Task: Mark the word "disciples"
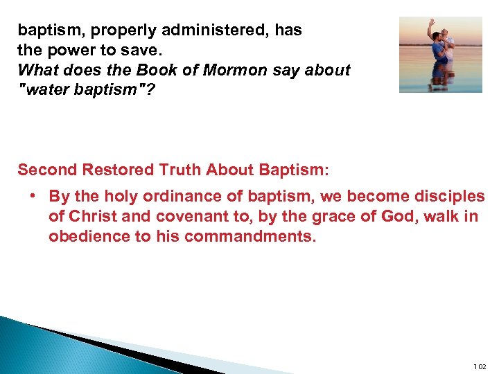[446, 197]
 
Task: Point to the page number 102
[480, 366]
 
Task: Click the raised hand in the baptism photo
[430, 24]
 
